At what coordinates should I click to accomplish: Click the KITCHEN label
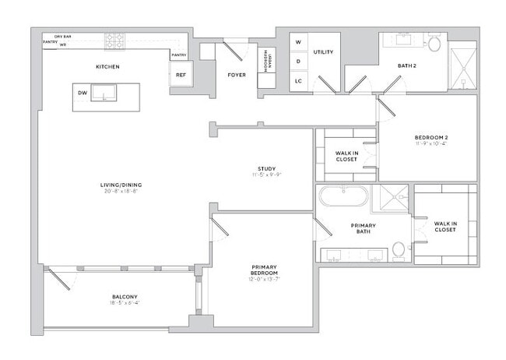107,67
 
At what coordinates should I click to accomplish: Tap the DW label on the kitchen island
82,93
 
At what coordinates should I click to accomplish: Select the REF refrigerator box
181,75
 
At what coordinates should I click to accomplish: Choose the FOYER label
237,75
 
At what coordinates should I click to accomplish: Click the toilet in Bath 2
433,44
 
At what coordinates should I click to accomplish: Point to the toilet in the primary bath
399,250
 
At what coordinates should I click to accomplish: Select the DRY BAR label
63,37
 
